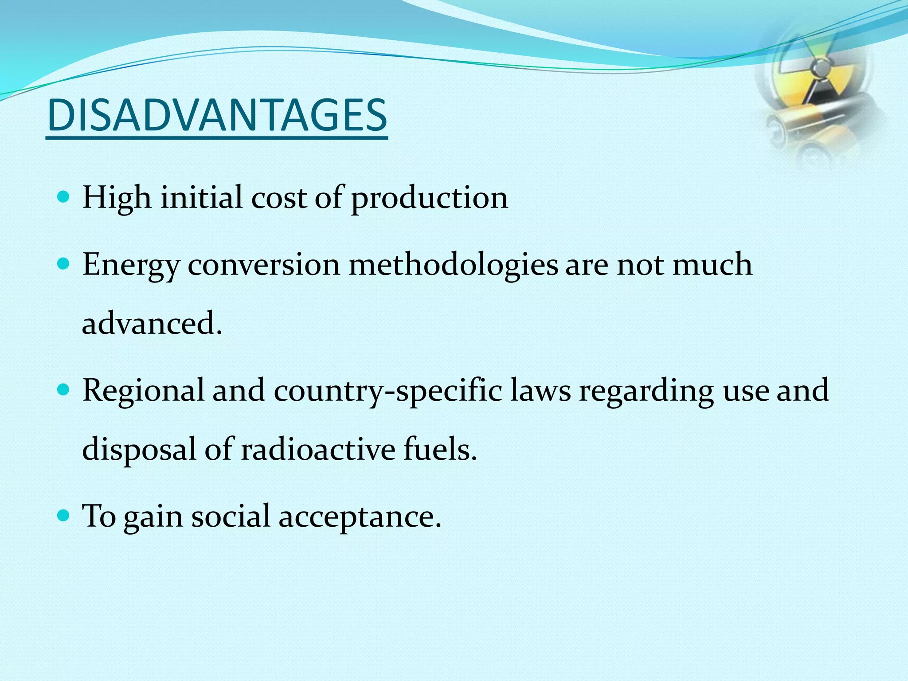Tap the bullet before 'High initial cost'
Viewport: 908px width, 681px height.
tap(64, 196)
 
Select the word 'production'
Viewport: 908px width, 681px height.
tap(429, 198)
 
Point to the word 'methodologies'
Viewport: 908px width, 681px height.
tap(453, 266)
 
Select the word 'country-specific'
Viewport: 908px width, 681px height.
tap(387, 391)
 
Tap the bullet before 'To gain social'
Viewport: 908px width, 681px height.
tap(64, 516)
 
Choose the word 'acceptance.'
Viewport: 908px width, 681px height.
tap(360, 517)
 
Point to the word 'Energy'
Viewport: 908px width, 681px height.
tap(131, 266)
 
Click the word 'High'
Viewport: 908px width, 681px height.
tap(117, 198)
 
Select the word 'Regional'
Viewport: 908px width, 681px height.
tap(143, 391)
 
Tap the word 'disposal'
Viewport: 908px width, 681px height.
tap(139, 450)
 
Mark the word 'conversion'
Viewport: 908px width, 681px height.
tap(264, 265)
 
